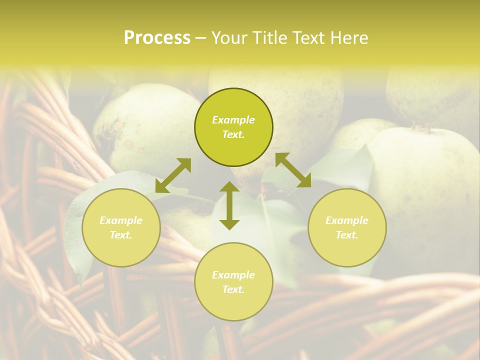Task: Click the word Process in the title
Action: (157, 37)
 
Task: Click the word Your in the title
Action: (230, 37)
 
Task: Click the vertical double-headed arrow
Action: (229, 206)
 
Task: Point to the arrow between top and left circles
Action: (173, 175)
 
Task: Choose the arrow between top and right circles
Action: (293, 170)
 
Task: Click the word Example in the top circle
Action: (233, 120)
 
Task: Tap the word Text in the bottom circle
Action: (233, 289)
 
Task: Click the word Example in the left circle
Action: (121, 220)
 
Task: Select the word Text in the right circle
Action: (347, 235)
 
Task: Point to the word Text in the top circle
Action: (233, 134)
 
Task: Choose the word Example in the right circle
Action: (347, 220)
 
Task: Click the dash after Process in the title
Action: (200, 38)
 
